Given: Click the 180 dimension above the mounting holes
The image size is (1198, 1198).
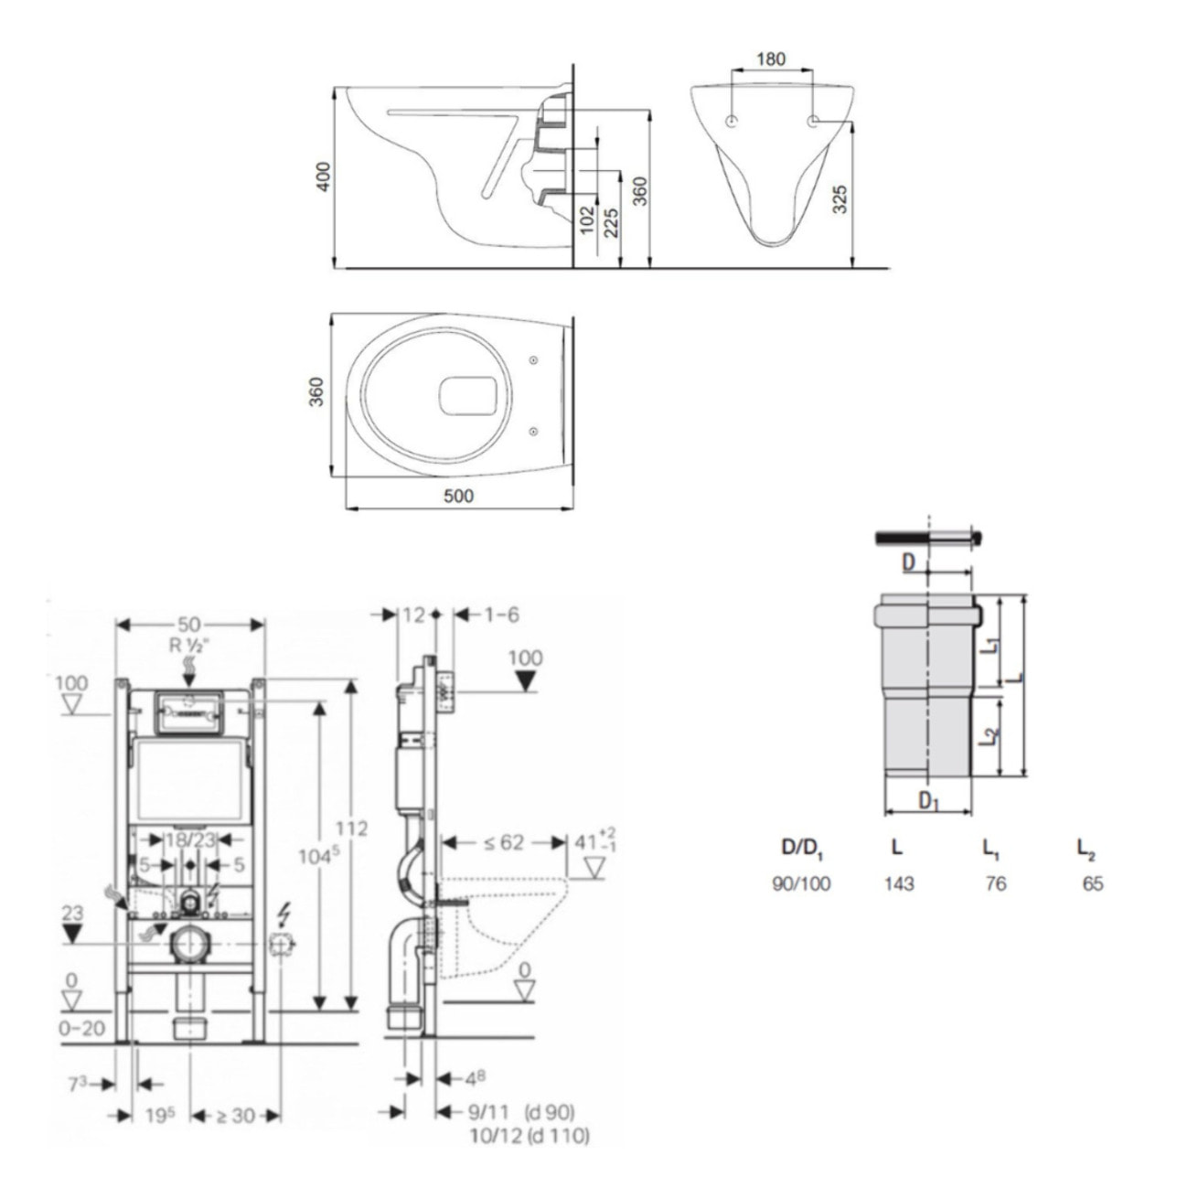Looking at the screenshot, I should point(771,59).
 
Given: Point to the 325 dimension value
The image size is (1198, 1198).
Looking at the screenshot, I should point(840,198).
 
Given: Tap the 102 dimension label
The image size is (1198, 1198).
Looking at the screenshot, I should point(588,220).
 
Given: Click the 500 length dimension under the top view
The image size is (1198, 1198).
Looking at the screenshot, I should point(458,496).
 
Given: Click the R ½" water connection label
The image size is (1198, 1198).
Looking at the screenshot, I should point(189,644).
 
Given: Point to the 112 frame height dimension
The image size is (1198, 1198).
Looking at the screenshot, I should point(351,828).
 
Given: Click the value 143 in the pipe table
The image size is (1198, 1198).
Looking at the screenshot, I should point(899,883).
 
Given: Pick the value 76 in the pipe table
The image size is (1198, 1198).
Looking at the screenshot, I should point(995,883).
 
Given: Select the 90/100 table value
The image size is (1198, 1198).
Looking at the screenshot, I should point(802,883).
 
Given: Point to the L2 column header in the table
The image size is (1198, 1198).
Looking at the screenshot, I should point(1086,850).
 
